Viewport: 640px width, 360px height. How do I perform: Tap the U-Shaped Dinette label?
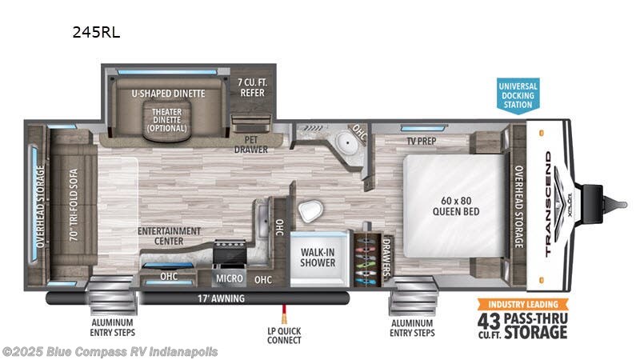(x=168, y=94)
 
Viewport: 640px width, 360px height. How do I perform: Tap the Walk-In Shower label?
(x=318, y=255)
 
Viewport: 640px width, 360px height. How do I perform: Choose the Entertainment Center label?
(x=169, y=235)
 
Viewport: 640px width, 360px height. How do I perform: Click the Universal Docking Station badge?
(x=518, y=95)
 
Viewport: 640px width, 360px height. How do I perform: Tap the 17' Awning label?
(x=221, y=299)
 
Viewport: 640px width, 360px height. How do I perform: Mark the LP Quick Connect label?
(x=284, y=335)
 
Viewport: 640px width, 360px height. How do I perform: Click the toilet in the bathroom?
(x=310, y=212)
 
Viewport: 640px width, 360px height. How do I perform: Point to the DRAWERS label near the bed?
(x=385, y=256)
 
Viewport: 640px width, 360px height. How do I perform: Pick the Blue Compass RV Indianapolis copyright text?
(x=110, y=351)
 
